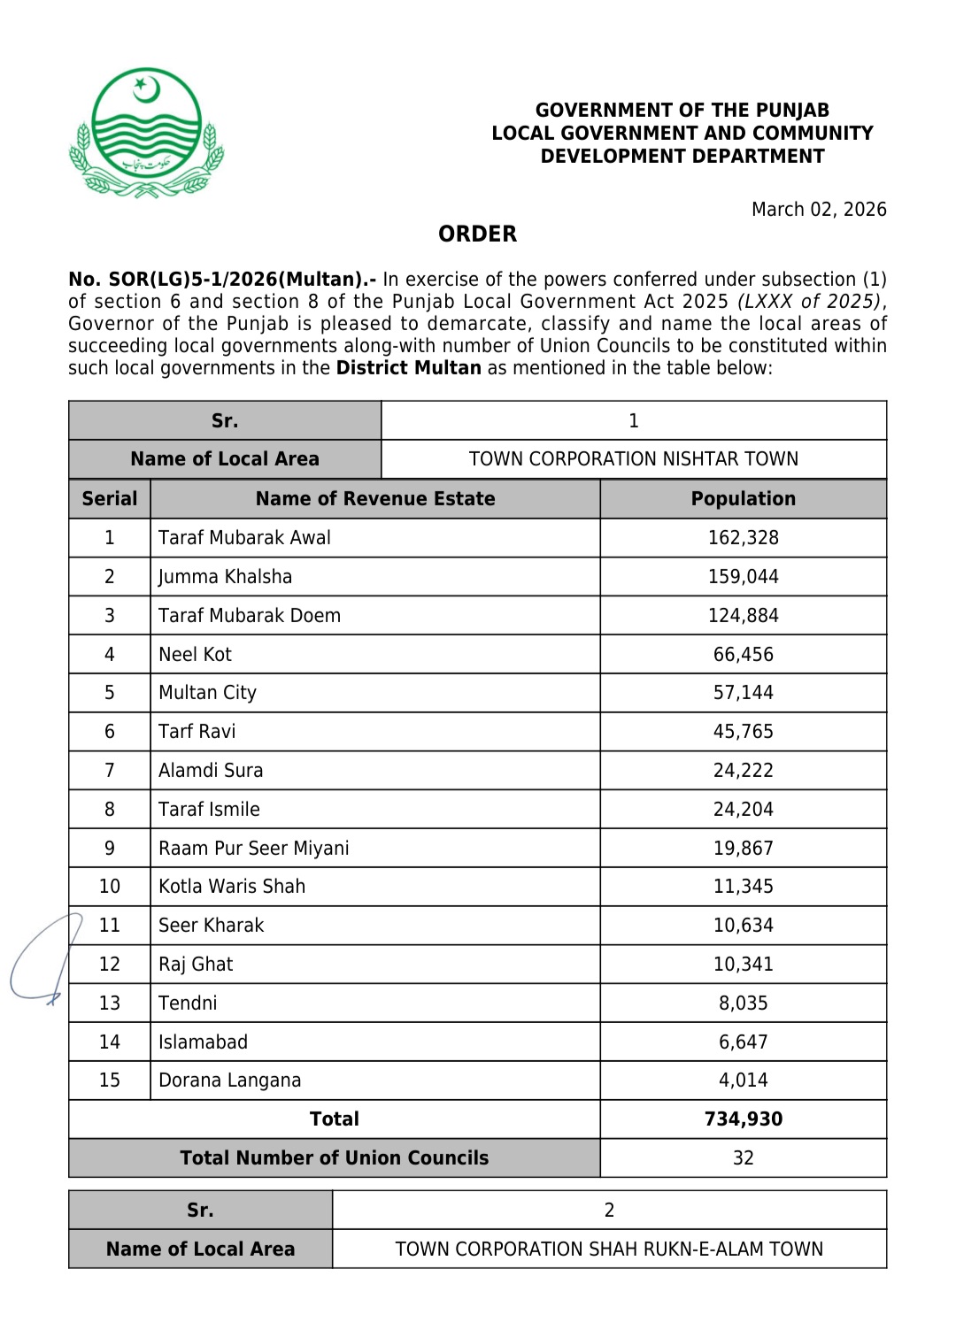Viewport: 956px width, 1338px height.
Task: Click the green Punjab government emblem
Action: (146, 133)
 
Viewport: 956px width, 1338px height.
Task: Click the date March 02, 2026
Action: (819, 210)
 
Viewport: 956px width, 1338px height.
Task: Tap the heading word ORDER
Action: (477, 235)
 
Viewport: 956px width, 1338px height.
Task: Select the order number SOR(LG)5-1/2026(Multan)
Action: (221, 280)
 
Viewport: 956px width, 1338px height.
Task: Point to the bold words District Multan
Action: (408, 368)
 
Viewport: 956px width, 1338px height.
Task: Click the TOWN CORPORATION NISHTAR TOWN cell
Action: (633, 459)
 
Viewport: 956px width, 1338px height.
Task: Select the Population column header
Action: (743, 499)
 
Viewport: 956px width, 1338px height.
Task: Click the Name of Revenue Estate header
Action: (375, 499)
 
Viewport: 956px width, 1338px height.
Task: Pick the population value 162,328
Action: (743, 538)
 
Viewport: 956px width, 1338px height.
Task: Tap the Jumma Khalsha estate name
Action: (225, 577)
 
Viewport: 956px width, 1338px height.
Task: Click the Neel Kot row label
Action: (195, 655)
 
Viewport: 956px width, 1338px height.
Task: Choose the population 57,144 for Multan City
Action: (743, 693)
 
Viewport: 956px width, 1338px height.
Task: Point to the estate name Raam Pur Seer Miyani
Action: (253, 849)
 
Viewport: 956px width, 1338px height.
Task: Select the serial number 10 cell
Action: (110, 887)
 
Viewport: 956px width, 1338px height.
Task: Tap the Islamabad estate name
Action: (203, 1042)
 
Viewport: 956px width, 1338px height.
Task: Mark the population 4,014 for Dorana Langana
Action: (743, 1080)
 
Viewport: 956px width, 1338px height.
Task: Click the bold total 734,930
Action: (743, 1119)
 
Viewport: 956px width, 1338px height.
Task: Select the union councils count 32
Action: (743, 1158)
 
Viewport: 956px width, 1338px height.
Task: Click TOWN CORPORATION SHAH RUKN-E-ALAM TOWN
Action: (609, 1250)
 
